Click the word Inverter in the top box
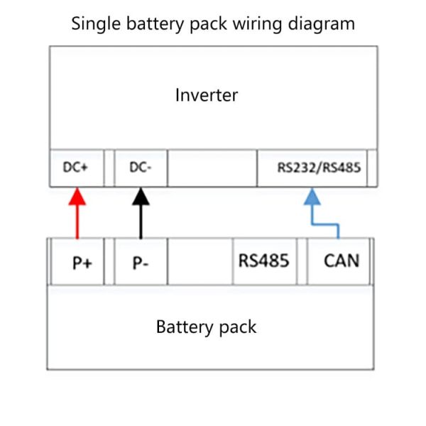207,94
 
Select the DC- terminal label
141,169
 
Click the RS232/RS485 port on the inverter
318,169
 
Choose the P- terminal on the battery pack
140,262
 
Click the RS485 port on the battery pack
263,261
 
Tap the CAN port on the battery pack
341,261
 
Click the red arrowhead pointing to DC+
77,196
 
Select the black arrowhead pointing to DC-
141,196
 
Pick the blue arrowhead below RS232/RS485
312,197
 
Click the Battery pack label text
206,327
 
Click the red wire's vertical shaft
77,222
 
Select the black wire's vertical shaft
141,222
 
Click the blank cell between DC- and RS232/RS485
212,169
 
